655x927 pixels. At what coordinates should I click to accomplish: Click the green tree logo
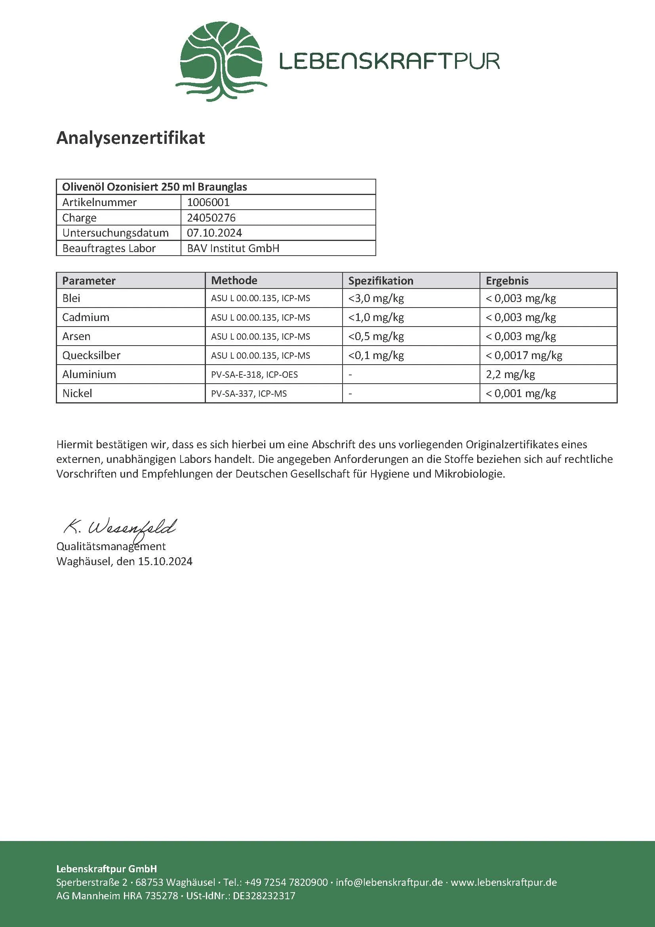221,61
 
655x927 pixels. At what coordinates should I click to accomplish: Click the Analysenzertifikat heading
131,138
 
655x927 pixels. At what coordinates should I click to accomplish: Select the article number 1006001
208,202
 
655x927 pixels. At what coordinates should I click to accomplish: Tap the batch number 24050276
211,218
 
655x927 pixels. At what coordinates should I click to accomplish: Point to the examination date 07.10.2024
214,233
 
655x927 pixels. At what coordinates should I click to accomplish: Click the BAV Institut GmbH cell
233,248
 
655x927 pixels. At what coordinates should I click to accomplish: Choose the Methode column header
234,281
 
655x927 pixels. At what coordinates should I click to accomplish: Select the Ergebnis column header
507,281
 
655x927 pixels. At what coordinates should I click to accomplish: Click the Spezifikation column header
380,281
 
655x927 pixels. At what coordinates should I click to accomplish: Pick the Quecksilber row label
91,355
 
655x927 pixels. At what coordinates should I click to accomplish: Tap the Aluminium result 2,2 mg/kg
510,374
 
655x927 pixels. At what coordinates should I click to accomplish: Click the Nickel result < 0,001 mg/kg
521,393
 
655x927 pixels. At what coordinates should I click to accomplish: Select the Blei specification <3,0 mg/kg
376,298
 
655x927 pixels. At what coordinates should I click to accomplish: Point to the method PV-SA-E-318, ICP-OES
254,375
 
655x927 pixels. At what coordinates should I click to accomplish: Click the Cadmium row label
86,317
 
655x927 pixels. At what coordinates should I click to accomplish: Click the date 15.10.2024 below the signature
165,562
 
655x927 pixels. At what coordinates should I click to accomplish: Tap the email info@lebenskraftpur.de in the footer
389,882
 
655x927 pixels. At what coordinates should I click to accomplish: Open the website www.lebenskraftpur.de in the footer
503,882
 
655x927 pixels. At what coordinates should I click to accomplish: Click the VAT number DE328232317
264,896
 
